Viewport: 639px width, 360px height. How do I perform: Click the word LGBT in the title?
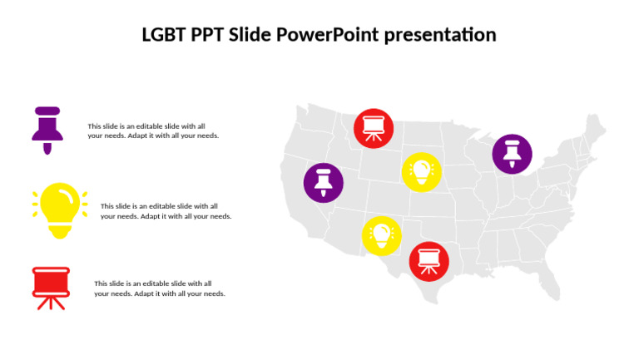[x=165, y=35]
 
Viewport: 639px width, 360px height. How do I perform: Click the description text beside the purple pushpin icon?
[x=153, y=131]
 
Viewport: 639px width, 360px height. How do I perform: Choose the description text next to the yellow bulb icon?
[x=166, y=211]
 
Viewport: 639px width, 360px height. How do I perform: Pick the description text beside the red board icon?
[x=159, y=288]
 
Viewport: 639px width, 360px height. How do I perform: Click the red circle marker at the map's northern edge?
[x=374, y=128]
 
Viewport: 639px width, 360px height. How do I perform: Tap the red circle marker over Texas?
[x=428, y=261]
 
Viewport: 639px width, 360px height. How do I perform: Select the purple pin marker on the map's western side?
[x=323, y=183]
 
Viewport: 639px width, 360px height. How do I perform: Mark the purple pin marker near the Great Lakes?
[x=512, y=154]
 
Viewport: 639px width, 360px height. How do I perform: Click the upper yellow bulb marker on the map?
[x=421, y=171]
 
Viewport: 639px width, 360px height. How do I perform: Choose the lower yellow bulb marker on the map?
[x=381, y=235]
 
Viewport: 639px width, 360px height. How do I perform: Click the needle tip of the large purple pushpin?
[x=47, y=150]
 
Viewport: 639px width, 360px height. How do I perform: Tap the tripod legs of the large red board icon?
[x=51, y=303]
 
